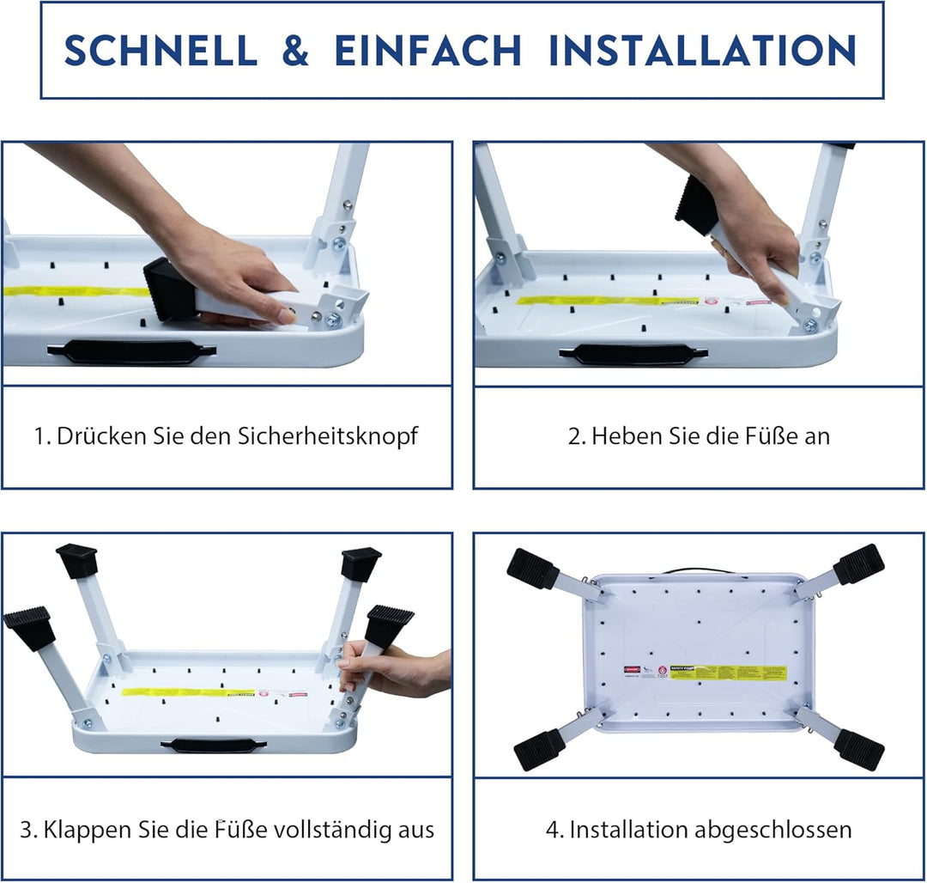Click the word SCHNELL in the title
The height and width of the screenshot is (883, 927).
[x=161, y=51]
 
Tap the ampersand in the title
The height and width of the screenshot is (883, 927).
[x=295, y=51]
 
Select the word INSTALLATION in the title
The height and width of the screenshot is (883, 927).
[x=702, y=51]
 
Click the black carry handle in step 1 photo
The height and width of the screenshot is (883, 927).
[x=131, y=350]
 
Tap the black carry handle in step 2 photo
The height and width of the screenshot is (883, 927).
[x=633, y=353]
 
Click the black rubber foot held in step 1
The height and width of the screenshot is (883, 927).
[x=169, y=290]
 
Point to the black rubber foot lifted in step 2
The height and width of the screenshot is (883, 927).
[x=697, y=204]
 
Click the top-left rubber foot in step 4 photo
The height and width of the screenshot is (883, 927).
[x=533, y=569]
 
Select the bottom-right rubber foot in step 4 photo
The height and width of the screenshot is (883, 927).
[x=858, y=749]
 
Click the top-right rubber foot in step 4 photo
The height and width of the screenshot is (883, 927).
[x=858, y=564]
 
